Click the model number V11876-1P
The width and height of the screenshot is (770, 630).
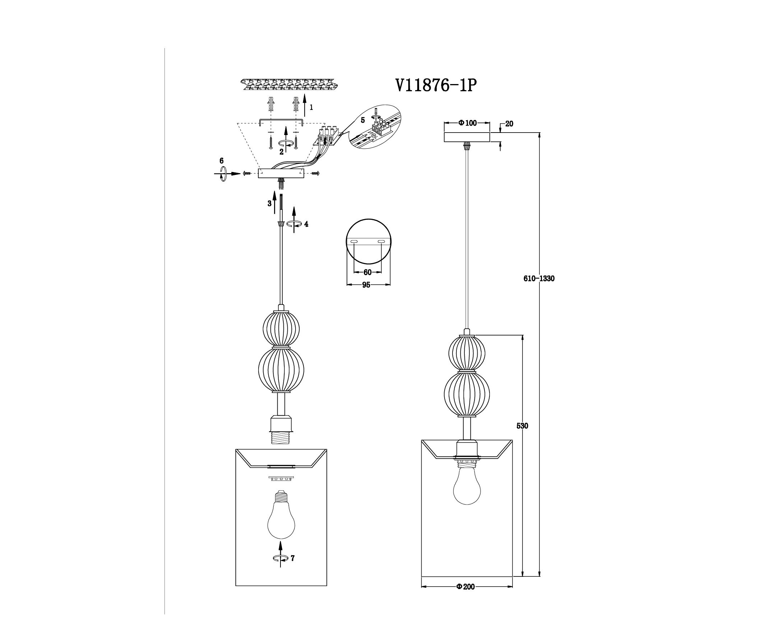(x=435, y=86)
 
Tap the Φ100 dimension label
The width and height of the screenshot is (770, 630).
(x=467, y=123)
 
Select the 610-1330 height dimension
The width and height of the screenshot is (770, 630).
(x=539, y=278)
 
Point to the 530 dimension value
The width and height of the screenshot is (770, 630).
(x=522, y=426)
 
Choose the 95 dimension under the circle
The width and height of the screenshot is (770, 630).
(x=366, y=285)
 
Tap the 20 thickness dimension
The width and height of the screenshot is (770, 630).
(x=509, y=124)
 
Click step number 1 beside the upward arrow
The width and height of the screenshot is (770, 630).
(x=311, y=107)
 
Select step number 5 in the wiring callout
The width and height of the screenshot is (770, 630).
(x=362, y=120)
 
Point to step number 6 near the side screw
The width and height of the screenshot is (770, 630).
(x=221, y=161)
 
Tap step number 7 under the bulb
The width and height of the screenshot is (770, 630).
(x=292, y=558)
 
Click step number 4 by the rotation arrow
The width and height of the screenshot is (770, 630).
(x=306, y=224)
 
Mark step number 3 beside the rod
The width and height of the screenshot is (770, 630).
(x=269, y=204)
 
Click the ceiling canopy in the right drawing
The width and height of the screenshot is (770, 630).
(x=467, y=137)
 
